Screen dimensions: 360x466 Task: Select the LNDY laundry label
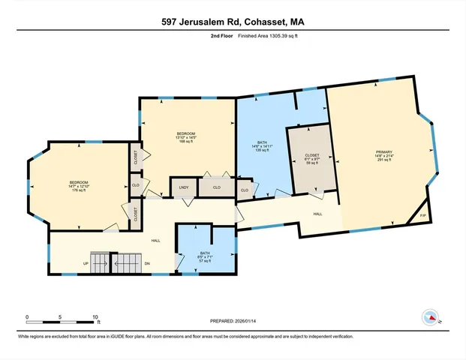coord(183,187)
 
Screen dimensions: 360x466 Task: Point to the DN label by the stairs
coord(147,263)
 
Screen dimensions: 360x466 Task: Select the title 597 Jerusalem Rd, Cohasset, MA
coord(233,22)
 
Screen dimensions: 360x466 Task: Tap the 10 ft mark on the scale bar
coord(96,316)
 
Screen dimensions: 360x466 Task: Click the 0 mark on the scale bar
coord(27,316)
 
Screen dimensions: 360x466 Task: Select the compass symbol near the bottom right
coord(431,317)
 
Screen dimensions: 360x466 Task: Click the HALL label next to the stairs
coord(156,240)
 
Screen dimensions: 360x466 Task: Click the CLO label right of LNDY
coord(217,187)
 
